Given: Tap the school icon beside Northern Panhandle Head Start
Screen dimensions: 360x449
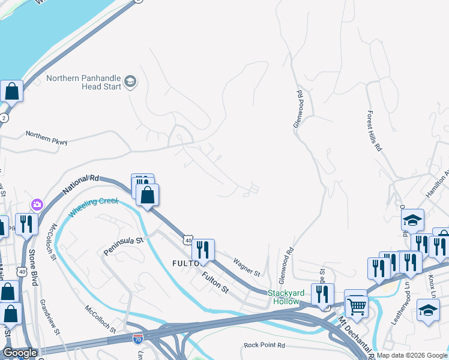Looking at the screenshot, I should pyautogui.click(x=130, y=82).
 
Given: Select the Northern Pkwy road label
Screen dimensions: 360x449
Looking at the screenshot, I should pyautogui.click(x=46, y=137).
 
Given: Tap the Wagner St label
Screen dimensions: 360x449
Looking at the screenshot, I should pyautogui.click(x=246, y=268).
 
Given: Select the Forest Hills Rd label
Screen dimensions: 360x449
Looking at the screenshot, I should pyautogui.click(x=373, y=130).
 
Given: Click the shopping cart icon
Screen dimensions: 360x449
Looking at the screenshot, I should pyautogui.click(x=357, y=307).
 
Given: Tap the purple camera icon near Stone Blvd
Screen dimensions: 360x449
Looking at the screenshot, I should pyautogui.click(x=37, y=205).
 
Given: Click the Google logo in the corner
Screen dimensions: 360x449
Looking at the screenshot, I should pyautogui.click(x=20, y=353).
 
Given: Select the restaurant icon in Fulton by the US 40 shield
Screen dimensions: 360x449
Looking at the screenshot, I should pyautogui.click(x=203, y=250).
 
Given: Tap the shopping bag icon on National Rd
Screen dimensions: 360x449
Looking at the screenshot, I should pyautogui.click(x=147, y=195).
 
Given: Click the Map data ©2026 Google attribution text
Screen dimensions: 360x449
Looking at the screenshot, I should pyautogui.click(x=412, y=355).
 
